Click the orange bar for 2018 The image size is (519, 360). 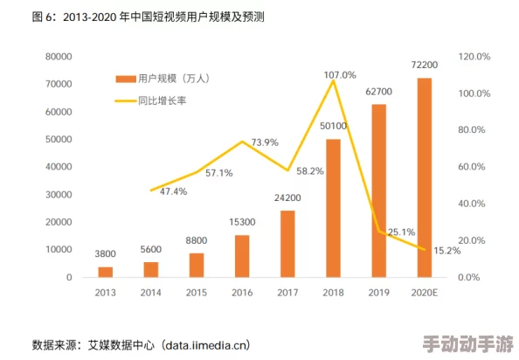[333, 207]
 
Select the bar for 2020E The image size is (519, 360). [424, 177]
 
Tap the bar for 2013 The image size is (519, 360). [106, 271]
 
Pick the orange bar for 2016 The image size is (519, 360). [242, 255]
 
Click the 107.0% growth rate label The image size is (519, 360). [339, 75]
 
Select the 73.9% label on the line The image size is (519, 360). [265, 142]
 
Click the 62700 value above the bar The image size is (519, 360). [378, 91]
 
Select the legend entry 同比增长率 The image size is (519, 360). [163, 100]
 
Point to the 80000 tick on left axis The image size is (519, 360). [59, 57]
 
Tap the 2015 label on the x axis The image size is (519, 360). [197, 293]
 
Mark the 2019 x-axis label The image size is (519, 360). [378, 293]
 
